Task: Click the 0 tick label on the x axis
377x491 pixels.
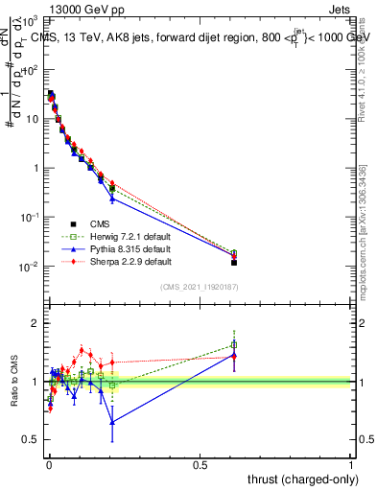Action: (48, 463)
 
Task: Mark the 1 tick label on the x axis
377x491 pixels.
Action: (351, 463)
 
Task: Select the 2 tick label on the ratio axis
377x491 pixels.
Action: (36, 323)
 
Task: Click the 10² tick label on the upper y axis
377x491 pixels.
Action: (31, 70)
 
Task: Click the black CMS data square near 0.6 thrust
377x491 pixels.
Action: (234, 262)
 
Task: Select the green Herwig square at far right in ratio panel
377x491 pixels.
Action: (234, 345)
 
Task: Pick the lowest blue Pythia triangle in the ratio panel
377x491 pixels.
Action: (112, 422)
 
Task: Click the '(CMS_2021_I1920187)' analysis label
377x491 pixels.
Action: (198, 287)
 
